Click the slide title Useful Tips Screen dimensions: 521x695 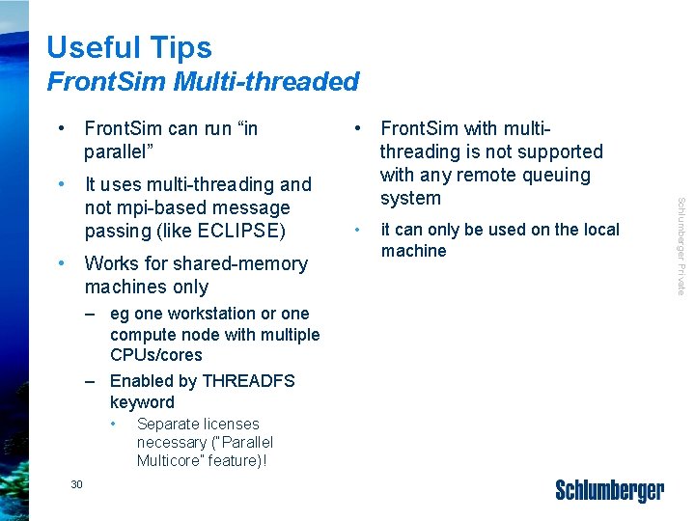(x=128, y=47)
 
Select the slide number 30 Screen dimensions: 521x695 (x=77, y=484)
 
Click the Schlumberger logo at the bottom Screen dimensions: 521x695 (x=609, y=491)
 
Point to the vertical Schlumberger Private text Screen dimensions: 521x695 (x=681, y=246)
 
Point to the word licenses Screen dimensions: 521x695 (x=226, y=424)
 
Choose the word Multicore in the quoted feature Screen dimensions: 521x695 (x=171, y=460)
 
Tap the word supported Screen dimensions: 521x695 (x=560, y=151)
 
